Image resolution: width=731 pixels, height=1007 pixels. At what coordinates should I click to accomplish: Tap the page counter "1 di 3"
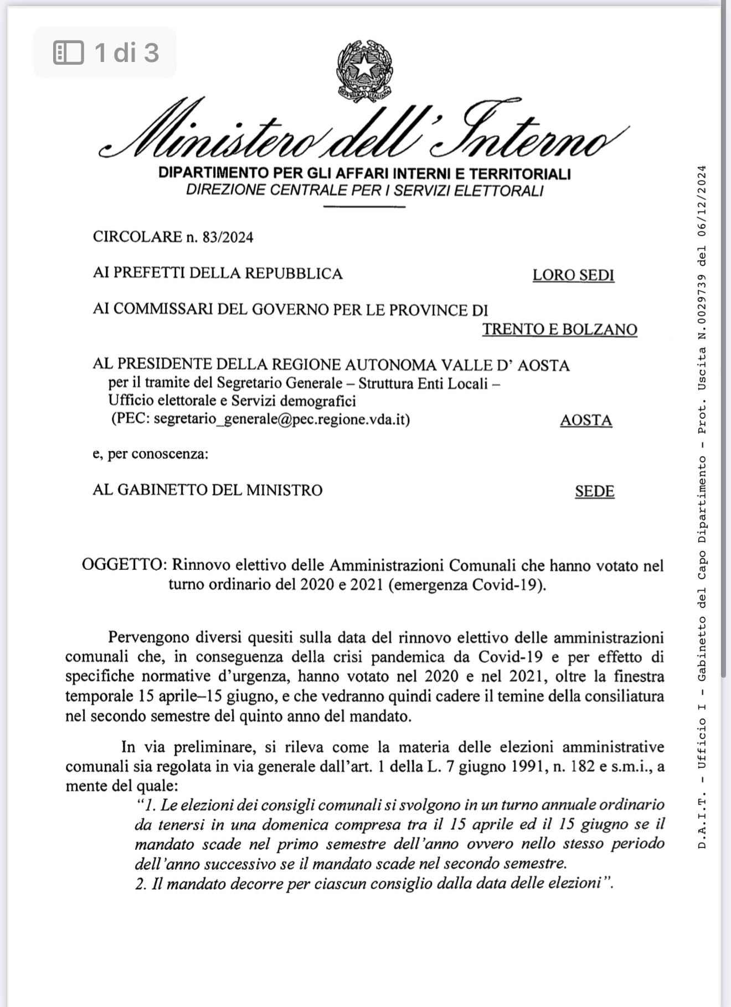127,53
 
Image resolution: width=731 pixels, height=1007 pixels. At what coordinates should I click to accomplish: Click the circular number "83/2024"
228,238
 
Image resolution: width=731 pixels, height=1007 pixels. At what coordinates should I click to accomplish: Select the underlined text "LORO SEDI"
573,276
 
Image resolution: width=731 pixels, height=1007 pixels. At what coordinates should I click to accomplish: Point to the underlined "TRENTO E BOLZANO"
559,329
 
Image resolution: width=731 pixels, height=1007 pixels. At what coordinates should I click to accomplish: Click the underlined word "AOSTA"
585,421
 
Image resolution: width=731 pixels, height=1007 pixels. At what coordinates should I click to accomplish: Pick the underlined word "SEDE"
594,491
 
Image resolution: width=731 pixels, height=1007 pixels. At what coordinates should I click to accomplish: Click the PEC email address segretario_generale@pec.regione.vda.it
281,419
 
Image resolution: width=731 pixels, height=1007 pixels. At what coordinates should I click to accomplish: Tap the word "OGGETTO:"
124,565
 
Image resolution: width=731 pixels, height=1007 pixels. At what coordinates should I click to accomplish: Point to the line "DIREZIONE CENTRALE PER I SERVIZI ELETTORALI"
364,190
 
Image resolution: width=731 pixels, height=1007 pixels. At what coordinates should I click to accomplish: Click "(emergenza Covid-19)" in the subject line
467,585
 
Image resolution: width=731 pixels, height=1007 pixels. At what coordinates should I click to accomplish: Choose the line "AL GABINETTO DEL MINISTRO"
207,490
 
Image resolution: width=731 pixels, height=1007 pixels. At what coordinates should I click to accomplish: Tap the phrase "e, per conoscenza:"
151,455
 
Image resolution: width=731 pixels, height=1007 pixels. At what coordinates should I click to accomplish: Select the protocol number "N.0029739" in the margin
702,308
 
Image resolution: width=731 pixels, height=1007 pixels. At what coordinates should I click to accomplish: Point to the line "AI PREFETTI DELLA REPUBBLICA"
218,274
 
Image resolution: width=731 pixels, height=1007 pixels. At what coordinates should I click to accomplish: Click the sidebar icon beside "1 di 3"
68,53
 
